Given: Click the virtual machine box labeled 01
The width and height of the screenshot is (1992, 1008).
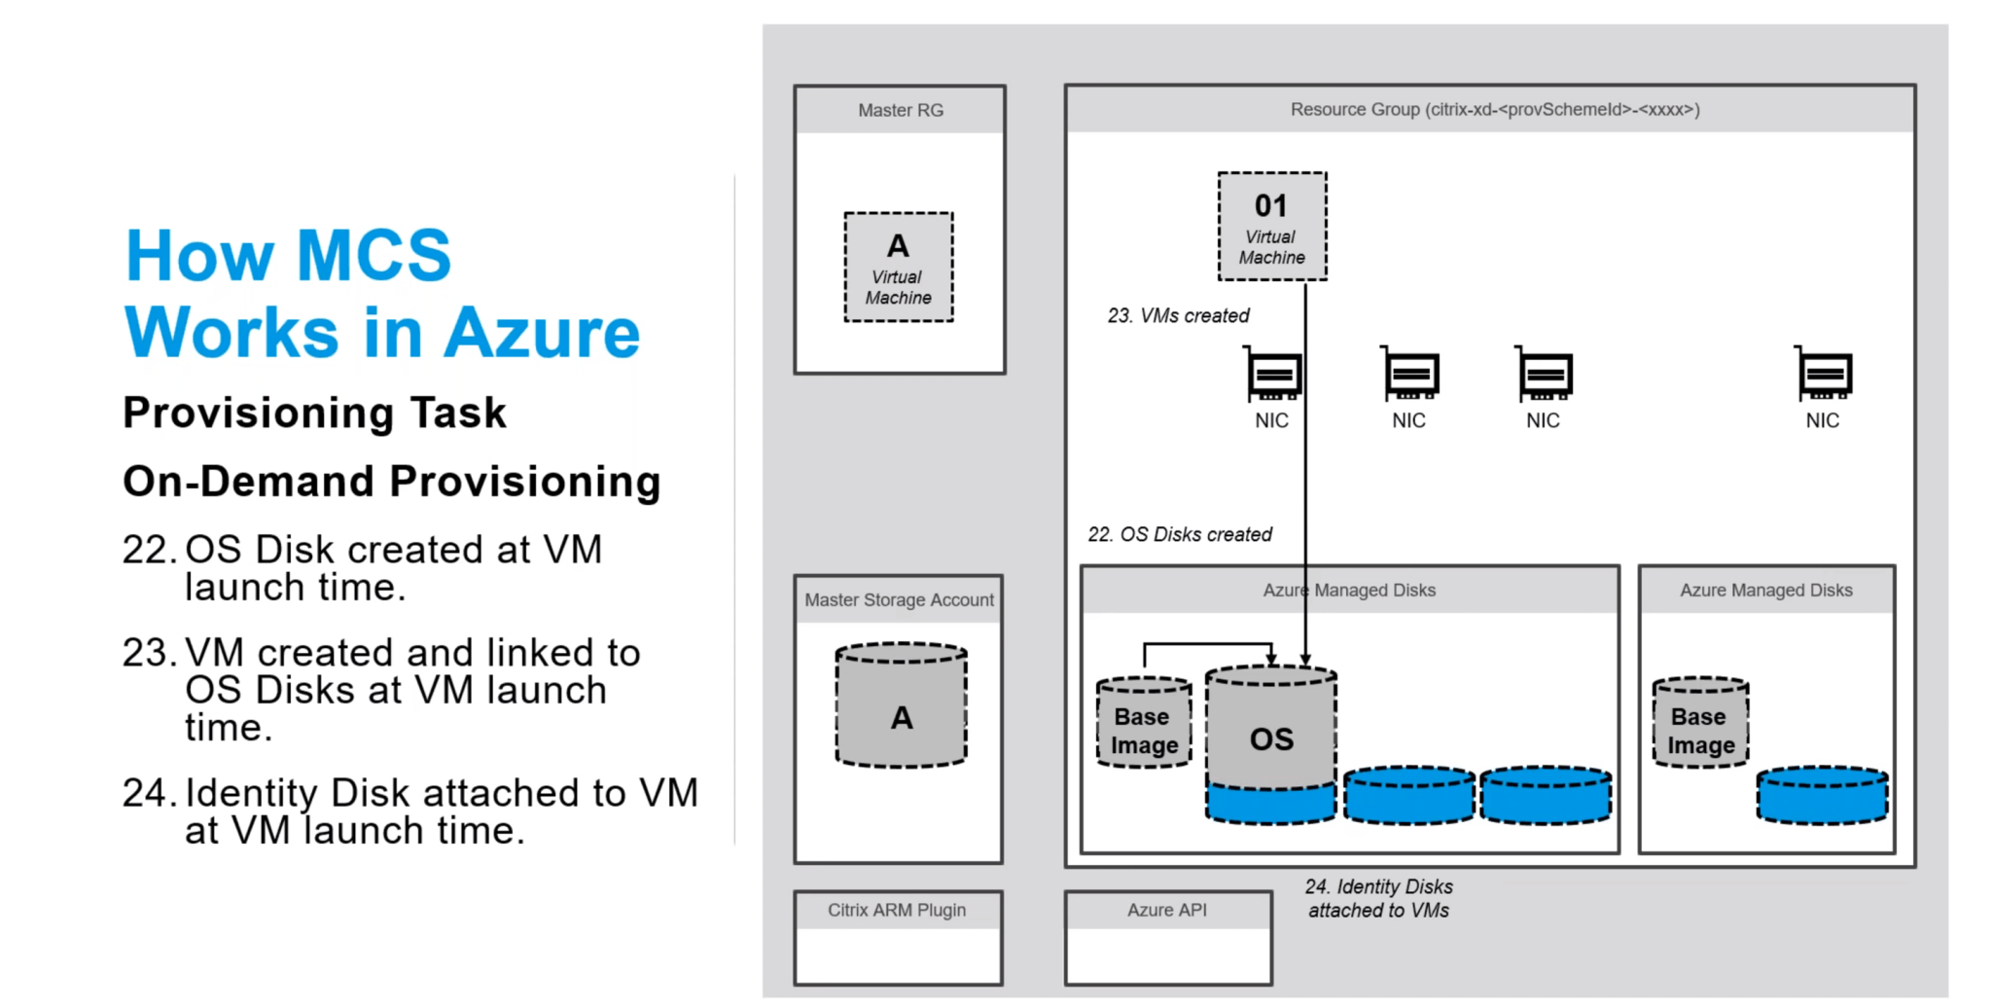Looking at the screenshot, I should pyautogui.click(x=1271, y=227).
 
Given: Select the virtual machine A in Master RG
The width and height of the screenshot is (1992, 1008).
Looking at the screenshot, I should pyautogui.click(x=898, y=267).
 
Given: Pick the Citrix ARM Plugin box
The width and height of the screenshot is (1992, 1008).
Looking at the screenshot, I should pyautogui.click(x=897, y=937).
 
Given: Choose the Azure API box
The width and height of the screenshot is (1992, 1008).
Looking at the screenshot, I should pyautogui.click(x=1167, y=937).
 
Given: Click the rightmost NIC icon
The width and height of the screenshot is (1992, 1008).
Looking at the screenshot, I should pyautogui.click(x=1824, y=377).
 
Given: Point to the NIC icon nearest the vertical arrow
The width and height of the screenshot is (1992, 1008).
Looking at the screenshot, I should pyautogui.click(x=1273, y=377).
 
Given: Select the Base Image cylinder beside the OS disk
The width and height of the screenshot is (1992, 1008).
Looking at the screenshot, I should pyautogui.click(x=1144, y=724).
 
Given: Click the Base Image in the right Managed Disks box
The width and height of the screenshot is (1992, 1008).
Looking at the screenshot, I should pyautogui.click(x=1700, y=724).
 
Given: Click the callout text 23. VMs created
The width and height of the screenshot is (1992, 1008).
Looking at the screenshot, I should pyautogui.click(x=1178, y=315).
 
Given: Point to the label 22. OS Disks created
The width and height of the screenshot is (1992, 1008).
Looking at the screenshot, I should pyautogui.click(x=1179, y=534).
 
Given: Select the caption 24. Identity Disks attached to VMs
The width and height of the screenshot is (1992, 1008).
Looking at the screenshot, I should pyautogui.click(x=1378, y=898).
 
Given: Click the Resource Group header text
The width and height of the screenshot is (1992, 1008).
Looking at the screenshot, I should pyautogui.click(x=1494, y=109).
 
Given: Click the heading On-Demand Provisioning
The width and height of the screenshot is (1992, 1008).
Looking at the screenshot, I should pyautogui.click(x=391, y=481).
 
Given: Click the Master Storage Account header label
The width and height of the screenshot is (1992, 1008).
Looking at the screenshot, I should pyautogui.click(x=899, y=599).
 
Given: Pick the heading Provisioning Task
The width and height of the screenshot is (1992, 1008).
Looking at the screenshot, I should pyautogui.click(x=314, y=413).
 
